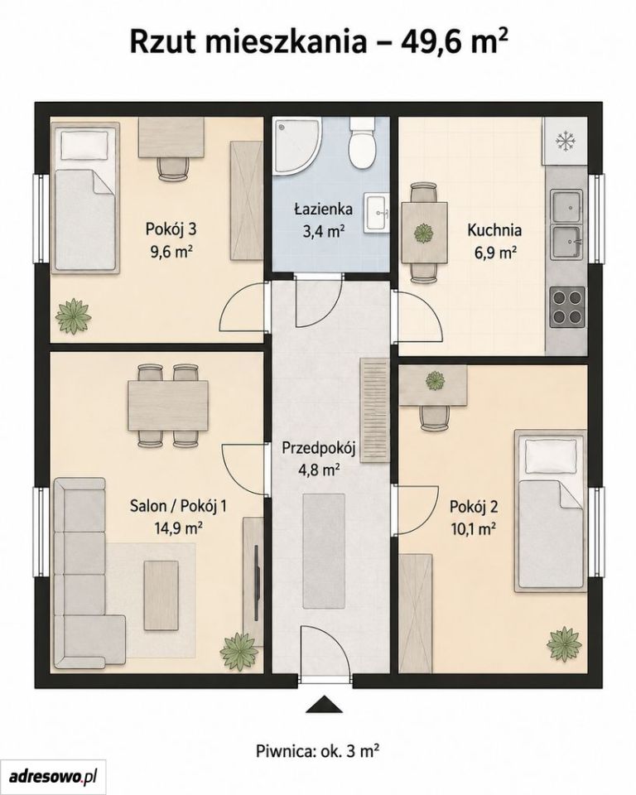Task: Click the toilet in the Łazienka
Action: [x=362, y=143]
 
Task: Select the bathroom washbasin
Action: [x=376, y=214]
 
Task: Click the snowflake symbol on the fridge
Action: [x=564, y=141]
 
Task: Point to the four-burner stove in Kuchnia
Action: [x=567, y=307]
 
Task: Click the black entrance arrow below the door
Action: [x=325, y=706]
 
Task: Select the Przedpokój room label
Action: [x=319, y=448]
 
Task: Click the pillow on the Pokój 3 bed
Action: [x=84, y=144]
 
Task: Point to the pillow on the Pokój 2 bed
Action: [x=551, y=455]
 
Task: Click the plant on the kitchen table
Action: [x=425, y=234]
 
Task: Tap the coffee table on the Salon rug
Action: [x=161, y=587]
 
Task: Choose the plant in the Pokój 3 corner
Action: [x=74, y=317]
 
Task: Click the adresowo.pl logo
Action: [x=53, y=776]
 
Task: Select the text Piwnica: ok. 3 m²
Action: [x=318, y=749]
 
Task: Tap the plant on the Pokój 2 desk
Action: [x=434, y=380]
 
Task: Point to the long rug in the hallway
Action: [x=324, y=552]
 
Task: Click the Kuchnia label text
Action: [x=494, y=230]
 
